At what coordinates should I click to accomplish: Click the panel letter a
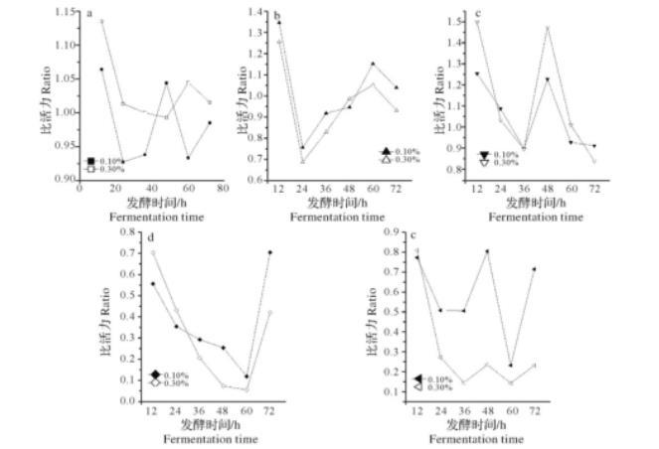coord(90,14)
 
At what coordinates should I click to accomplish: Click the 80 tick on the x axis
coord(225,188)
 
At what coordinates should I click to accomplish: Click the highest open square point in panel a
coord(101,21)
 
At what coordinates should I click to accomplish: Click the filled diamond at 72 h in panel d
coord(269,252)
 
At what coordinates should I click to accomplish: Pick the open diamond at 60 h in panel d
coord(246,388)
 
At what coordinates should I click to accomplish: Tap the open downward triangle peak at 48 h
coord(547,28)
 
